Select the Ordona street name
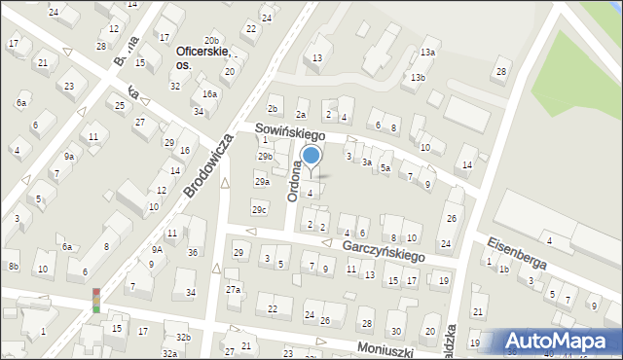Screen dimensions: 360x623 [295, 181]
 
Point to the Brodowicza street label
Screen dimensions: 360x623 [206, 165]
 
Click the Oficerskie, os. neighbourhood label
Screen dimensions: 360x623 [202, 57]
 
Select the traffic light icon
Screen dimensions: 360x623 [96, 300]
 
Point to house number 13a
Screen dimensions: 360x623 [427, 53]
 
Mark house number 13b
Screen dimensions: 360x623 [418, 78]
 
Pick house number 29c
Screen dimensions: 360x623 [259, 209]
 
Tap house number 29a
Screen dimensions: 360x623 [262, 182]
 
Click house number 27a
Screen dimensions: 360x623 [234, 289]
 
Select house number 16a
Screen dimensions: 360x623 [209, 94]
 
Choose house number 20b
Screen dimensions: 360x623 [211, 40]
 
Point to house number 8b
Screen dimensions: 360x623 [13, 267]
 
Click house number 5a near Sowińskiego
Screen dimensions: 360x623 [385, 168]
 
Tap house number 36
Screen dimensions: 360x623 [193, 253]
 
